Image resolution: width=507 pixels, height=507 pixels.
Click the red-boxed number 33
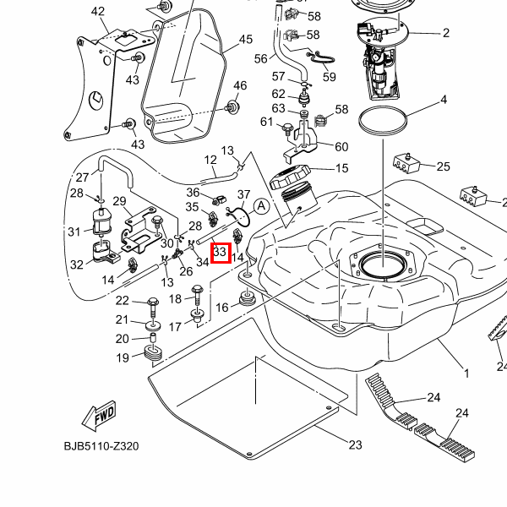click(220, 252)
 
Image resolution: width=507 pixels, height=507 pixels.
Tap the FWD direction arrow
click(99, 416)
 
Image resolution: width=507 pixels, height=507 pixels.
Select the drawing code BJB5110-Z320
click(101, 446)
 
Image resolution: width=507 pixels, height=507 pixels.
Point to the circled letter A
click(261, 205)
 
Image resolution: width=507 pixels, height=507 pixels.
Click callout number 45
click(246, 40)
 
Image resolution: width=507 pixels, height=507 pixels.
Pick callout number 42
click(98, 11)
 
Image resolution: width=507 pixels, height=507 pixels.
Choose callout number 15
click(341, 168)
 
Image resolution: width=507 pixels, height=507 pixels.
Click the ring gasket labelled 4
click(386, 121)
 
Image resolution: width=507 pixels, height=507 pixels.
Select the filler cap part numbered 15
click(292, 181)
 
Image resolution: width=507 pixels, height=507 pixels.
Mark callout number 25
click(443, 166)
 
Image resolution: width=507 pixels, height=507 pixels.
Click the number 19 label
click(123, 357)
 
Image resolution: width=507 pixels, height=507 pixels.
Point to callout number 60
click(341, 146)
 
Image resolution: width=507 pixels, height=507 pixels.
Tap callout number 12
click(210, 159)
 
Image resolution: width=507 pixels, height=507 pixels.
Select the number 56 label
click(260, 58)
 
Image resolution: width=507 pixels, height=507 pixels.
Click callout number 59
click(329, 77)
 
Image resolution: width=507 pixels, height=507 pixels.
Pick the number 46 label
click(240, 85)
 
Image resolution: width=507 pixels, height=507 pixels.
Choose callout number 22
click(122, 301)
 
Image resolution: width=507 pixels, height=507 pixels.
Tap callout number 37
click(244, 195)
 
